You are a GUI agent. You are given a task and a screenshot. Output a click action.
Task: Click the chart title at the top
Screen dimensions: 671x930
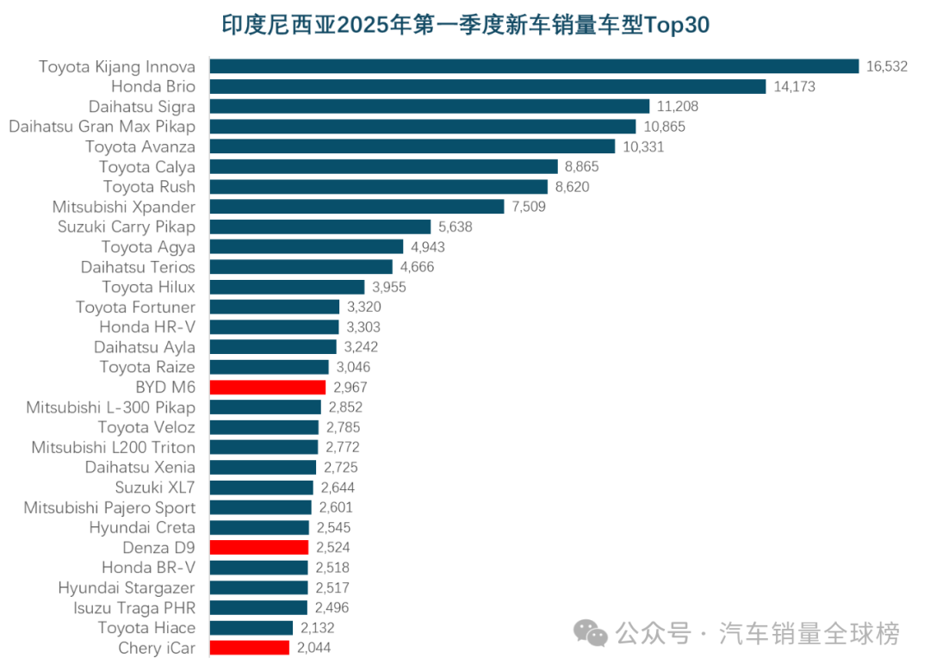[x=465, y=25]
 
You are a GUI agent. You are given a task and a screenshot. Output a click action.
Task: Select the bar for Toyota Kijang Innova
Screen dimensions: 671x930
[x=534, y=66]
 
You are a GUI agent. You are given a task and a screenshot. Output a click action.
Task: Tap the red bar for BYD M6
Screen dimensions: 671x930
[x=268, y=388]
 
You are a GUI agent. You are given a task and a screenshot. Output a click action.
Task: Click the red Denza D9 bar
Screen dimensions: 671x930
[x=259, y=548]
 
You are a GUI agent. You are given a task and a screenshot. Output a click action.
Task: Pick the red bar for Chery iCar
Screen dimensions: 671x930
[x=250, y=648]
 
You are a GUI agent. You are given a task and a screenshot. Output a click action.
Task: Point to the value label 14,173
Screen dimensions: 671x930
[x=794, y=86]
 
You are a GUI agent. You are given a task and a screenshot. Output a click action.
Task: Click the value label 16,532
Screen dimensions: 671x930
[x=887, y=66]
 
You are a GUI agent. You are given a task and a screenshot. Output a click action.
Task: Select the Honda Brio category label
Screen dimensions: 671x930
[x=153, y=86]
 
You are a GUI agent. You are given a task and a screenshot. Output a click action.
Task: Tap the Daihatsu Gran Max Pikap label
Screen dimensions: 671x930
[x=102, y=127]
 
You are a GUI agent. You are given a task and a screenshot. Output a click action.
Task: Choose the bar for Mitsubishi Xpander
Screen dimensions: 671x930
[x=356, y=207]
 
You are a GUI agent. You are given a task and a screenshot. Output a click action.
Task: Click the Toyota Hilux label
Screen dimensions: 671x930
[x=148, y=287]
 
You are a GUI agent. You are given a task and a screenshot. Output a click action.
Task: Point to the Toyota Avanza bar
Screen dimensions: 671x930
[x=412, y=146]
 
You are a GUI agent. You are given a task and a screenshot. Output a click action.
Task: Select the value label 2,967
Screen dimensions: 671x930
[x=350, y=388]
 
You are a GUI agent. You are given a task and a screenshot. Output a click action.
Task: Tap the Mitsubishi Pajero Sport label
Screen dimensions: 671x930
[x=109, y=507]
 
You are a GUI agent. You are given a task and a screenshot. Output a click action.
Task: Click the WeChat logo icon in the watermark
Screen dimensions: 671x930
[x=591, y=635]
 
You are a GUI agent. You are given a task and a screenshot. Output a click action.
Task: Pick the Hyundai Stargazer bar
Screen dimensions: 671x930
[x=258, y=587]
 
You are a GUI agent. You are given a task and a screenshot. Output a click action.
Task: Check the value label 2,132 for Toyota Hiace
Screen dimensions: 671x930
[x=318, y=628]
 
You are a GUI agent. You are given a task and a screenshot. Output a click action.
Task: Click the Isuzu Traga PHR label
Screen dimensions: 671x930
[x=133, y=608]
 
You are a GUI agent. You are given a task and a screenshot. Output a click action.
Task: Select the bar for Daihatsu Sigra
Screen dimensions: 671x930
[x=430, y=107]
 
